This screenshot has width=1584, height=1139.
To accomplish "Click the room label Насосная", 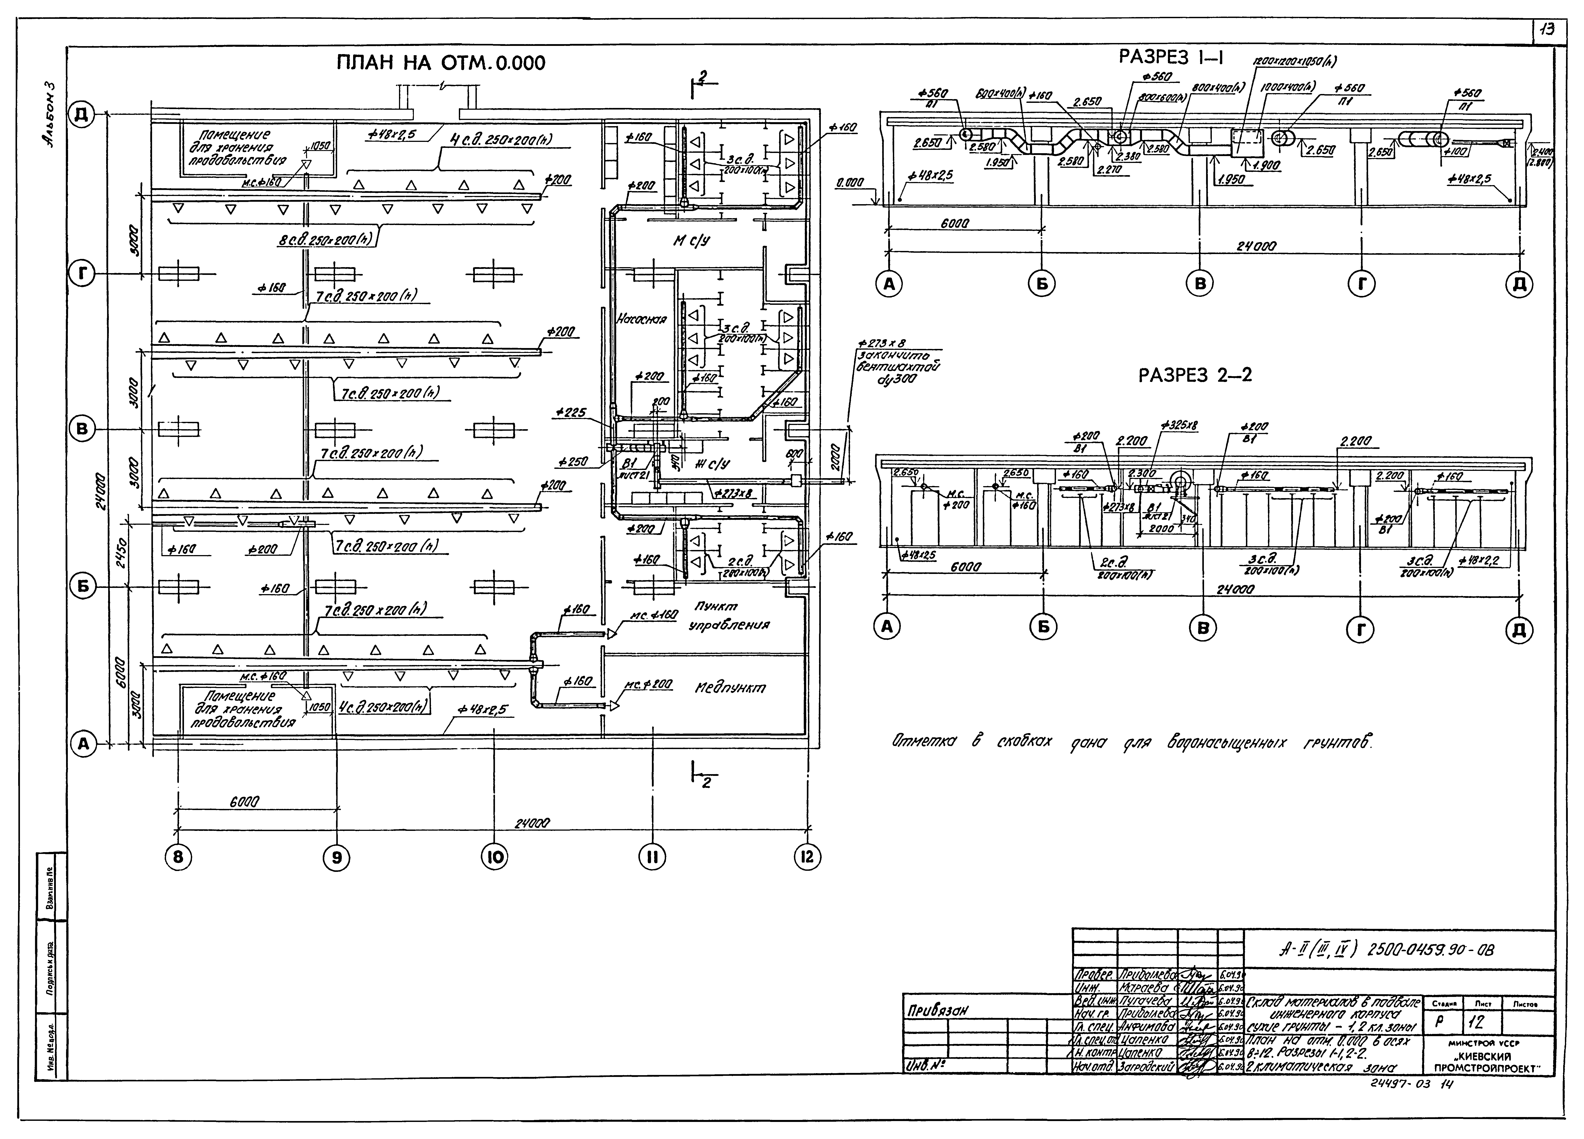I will click(641, 319).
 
